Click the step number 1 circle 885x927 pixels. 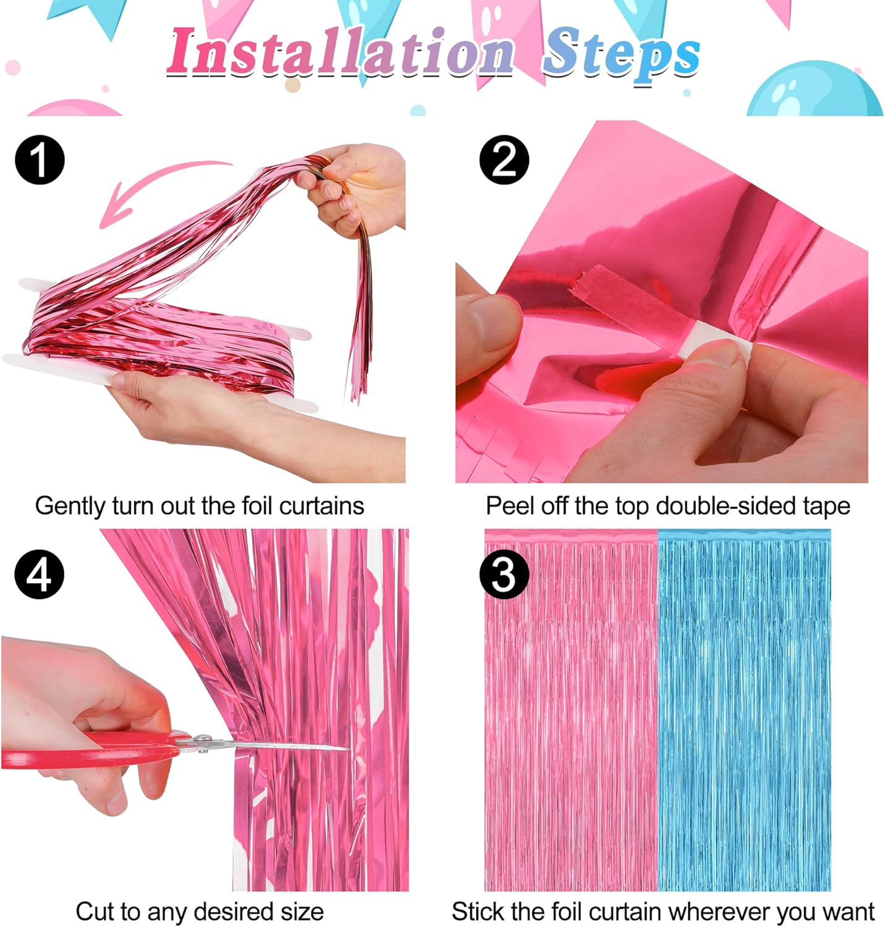coord(40,159)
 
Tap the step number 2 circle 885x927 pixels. coord(504,159)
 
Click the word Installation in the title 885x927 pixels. coord(340,52)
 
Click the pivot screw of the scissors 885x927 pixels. coord(202,740)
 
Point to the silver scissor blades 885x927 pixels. coord(278,746)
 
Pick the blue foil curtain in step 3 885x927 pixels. coord(744,711)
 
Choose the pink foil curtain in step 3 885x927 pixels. coord(570,711)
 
